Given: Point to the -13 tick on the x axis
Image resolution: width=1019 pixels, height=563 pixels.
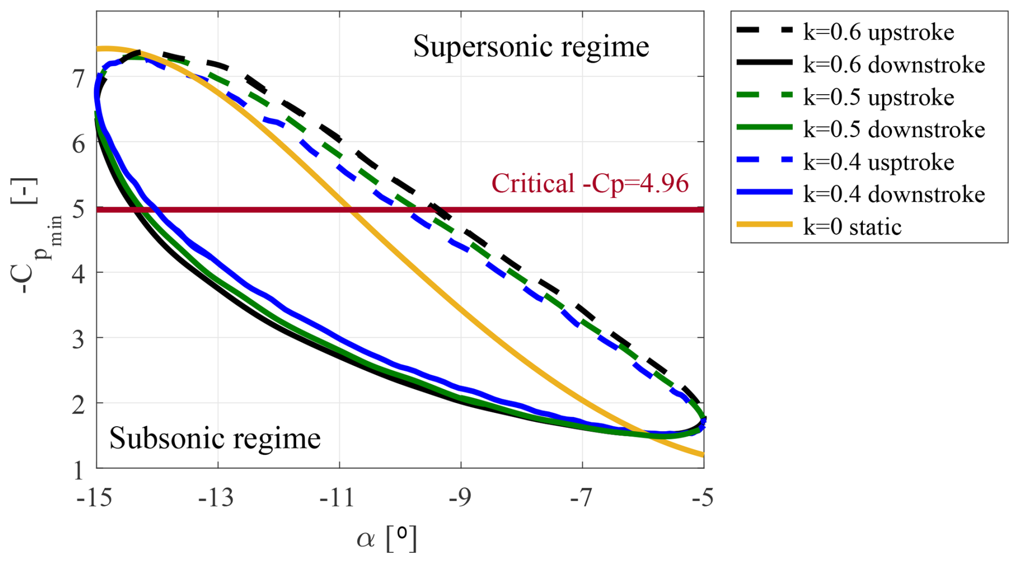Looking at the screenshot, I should [216, 498].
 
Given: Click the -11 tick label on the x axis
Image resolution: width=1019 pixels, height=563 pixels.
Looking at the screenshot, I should [338, 498].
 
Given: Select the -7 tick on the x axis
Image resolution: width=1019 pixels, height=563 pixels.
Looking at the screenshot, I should [581, 498].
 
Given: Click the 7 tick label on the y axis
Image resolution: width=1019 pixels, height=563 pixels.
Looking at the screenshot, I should [79, 79].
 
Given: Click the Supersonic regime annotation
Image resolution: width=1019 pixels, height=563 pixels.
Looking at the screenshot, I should [531, 46].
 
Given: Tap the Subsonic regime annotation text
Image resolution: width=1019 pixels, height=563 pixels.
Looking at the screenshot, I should [215, 438].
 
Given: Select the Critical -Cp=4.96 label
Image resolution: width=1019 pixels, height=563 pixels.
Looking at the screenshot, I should [590, 184].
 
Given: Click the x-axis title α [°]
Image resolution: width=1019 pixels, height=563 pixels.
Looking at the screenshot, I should [387, 538].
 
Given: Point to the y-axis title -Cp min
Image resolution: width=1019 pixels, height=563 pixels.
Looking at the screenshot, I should [33, 237].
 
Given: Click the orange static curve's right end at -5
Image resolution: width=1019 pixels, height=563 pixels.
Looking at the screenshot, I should [703, 455].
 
